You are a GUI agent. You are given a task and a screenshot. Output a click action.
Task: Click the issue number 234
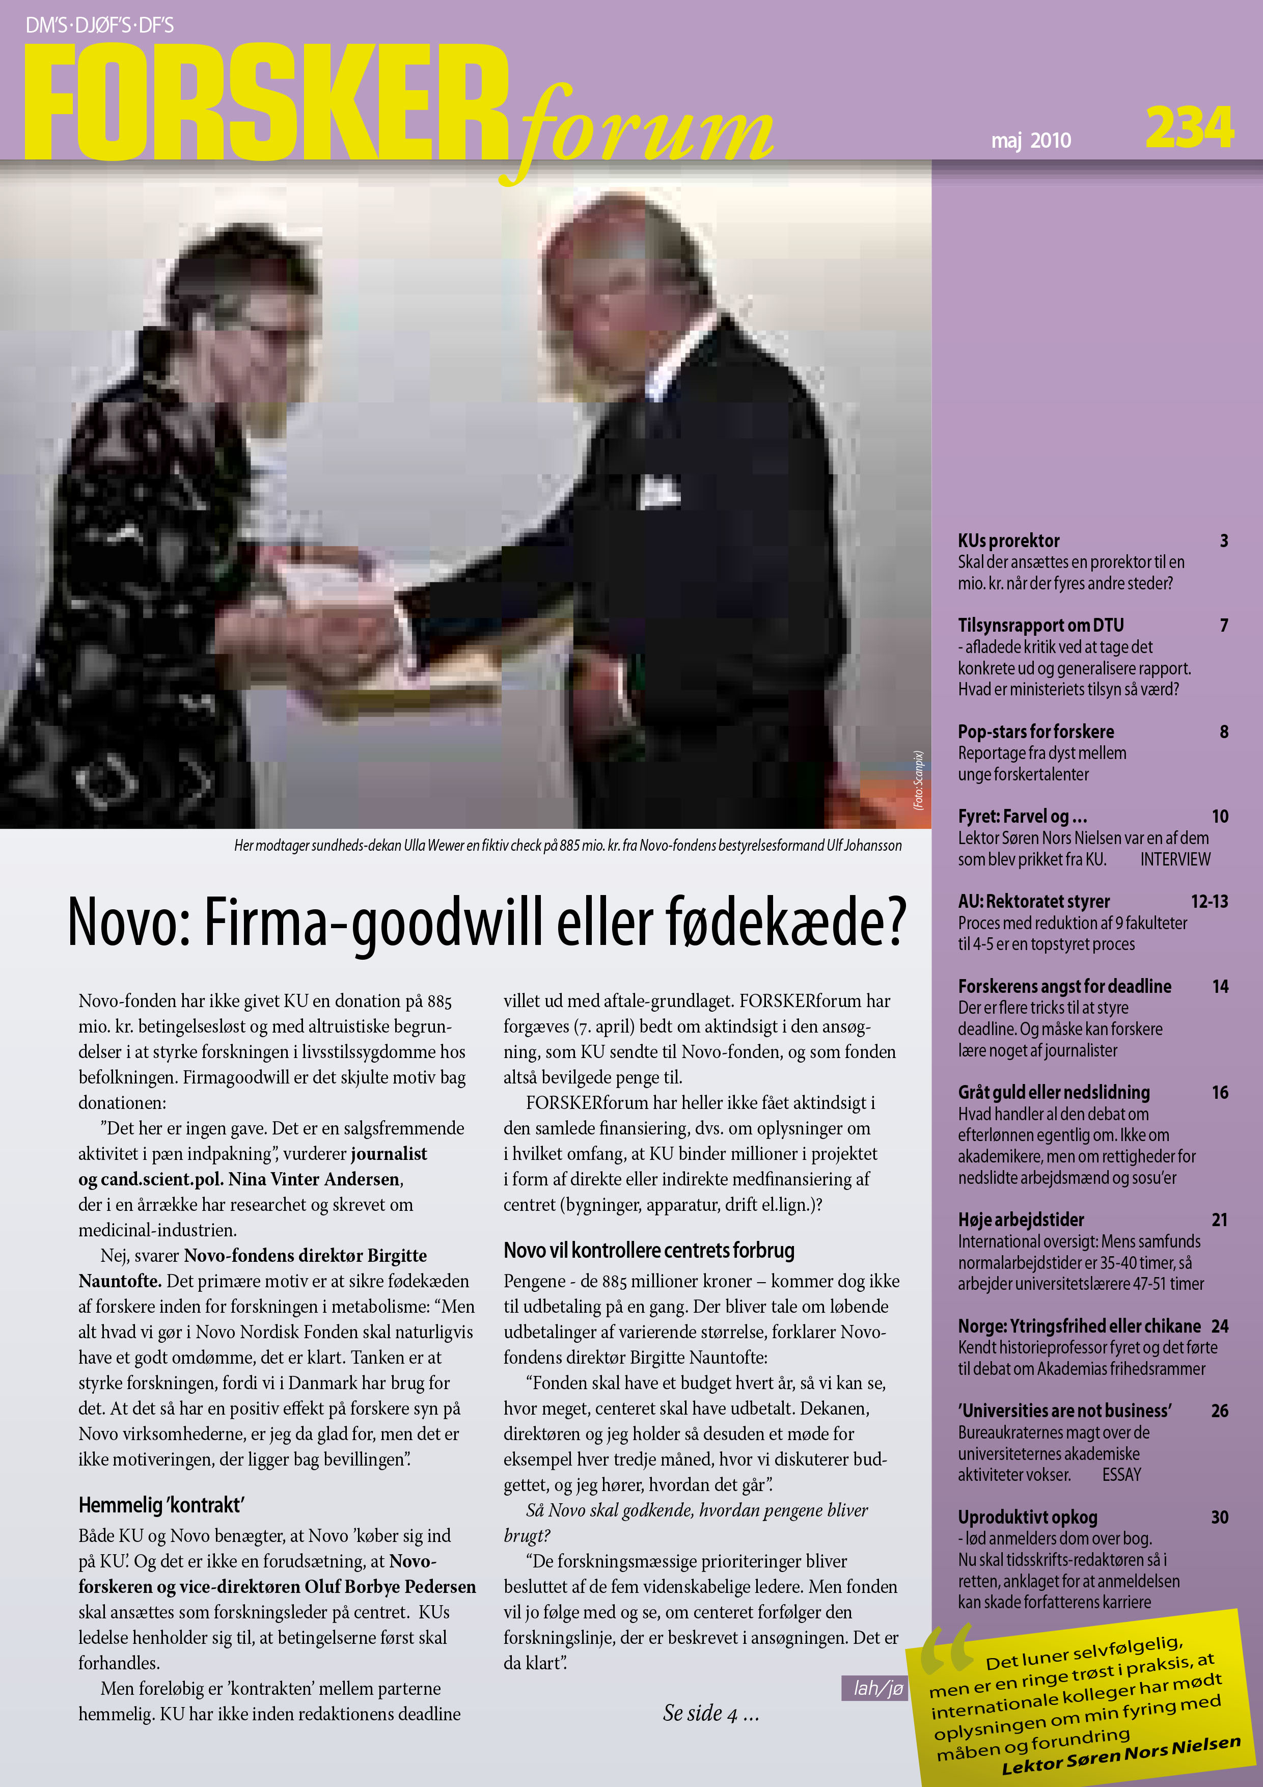(1189, 128)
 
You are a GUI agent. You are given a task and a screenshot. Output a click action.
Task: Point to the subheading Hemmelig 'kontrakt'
(161, 1504)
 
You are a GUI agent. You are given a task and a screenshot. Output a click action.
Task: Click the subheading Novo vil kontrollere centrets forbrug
(649, 1250)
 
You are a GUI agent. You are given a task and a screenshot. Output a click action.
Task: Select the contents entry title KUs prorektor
(1008, 541)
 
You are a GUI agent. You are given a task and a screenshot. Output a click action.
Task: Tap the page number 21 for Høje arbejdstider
(1219, 1220)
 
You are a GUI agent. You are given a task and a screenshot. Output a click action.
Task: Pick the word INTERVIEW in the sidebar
(1175, 859)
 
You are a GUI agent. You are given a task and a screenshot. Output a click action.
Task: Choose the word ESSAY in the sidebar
(1121, 1474)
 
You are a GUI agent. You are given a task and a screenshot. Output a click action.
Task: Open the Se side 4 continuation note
(710, 1713)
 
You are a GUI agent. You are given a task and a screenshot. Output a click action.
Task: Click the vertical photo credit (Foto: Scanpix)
(918, 780)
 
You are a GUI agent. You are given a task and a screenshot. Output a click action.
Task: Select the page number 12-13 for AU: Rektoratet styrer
(1210, 901)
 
